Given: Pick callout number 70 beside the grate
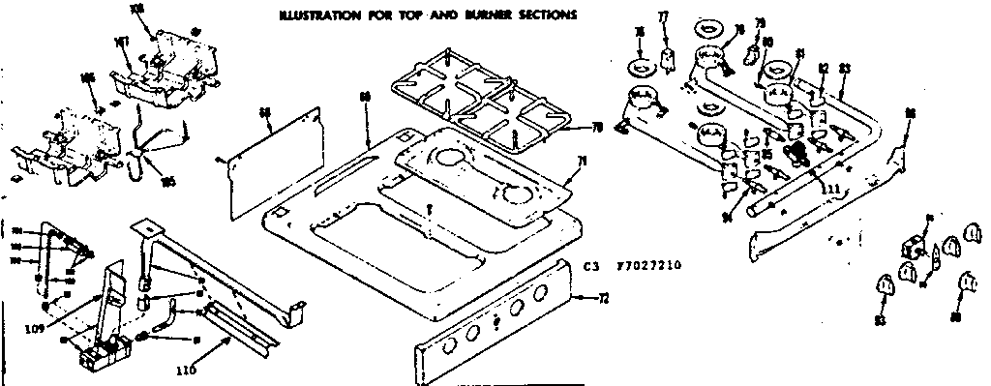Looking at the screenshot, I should pos(596,129).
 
